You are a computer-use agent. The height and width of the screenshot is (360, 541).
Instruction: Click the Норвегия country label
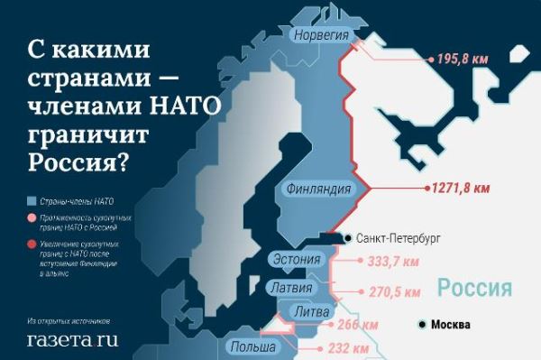pyautogui.click(x=323, y=35)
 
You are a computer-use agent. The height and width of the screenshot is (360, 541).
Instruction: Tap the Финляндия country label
pyautogui.click(x=317, y=190)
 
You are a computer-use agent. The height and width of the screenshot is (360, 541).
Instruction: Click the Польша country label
pyautogui.click(x=253, y=346)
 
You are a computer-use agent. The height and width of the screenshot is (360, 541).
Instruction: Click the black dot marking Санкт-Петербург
pyautogui.click(x=348, y=239)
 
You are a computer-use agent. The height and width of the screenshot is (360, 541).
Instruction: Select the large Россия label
pyautogui.click(x=475, y=290)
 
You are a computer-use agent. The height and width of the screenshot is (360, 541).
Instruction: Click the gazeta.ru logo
pyautogui.click(x=72, y=340)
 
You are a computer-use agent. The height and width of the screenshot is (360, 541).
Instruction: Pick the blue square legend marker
pyautogui.click(x=31, y=201)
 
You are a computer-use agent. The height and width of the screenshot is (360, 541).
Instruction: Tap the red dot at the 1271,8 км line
pyautogui.click(x=425, y=190)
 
